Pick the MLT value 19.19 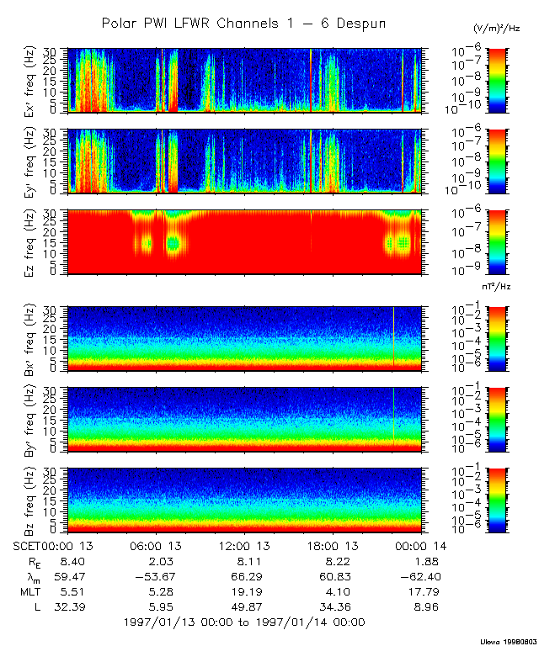point(244,592)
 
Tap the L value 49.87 point(244,607)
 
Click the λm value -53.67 point(152,577)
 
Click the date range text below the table point(244,622)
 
